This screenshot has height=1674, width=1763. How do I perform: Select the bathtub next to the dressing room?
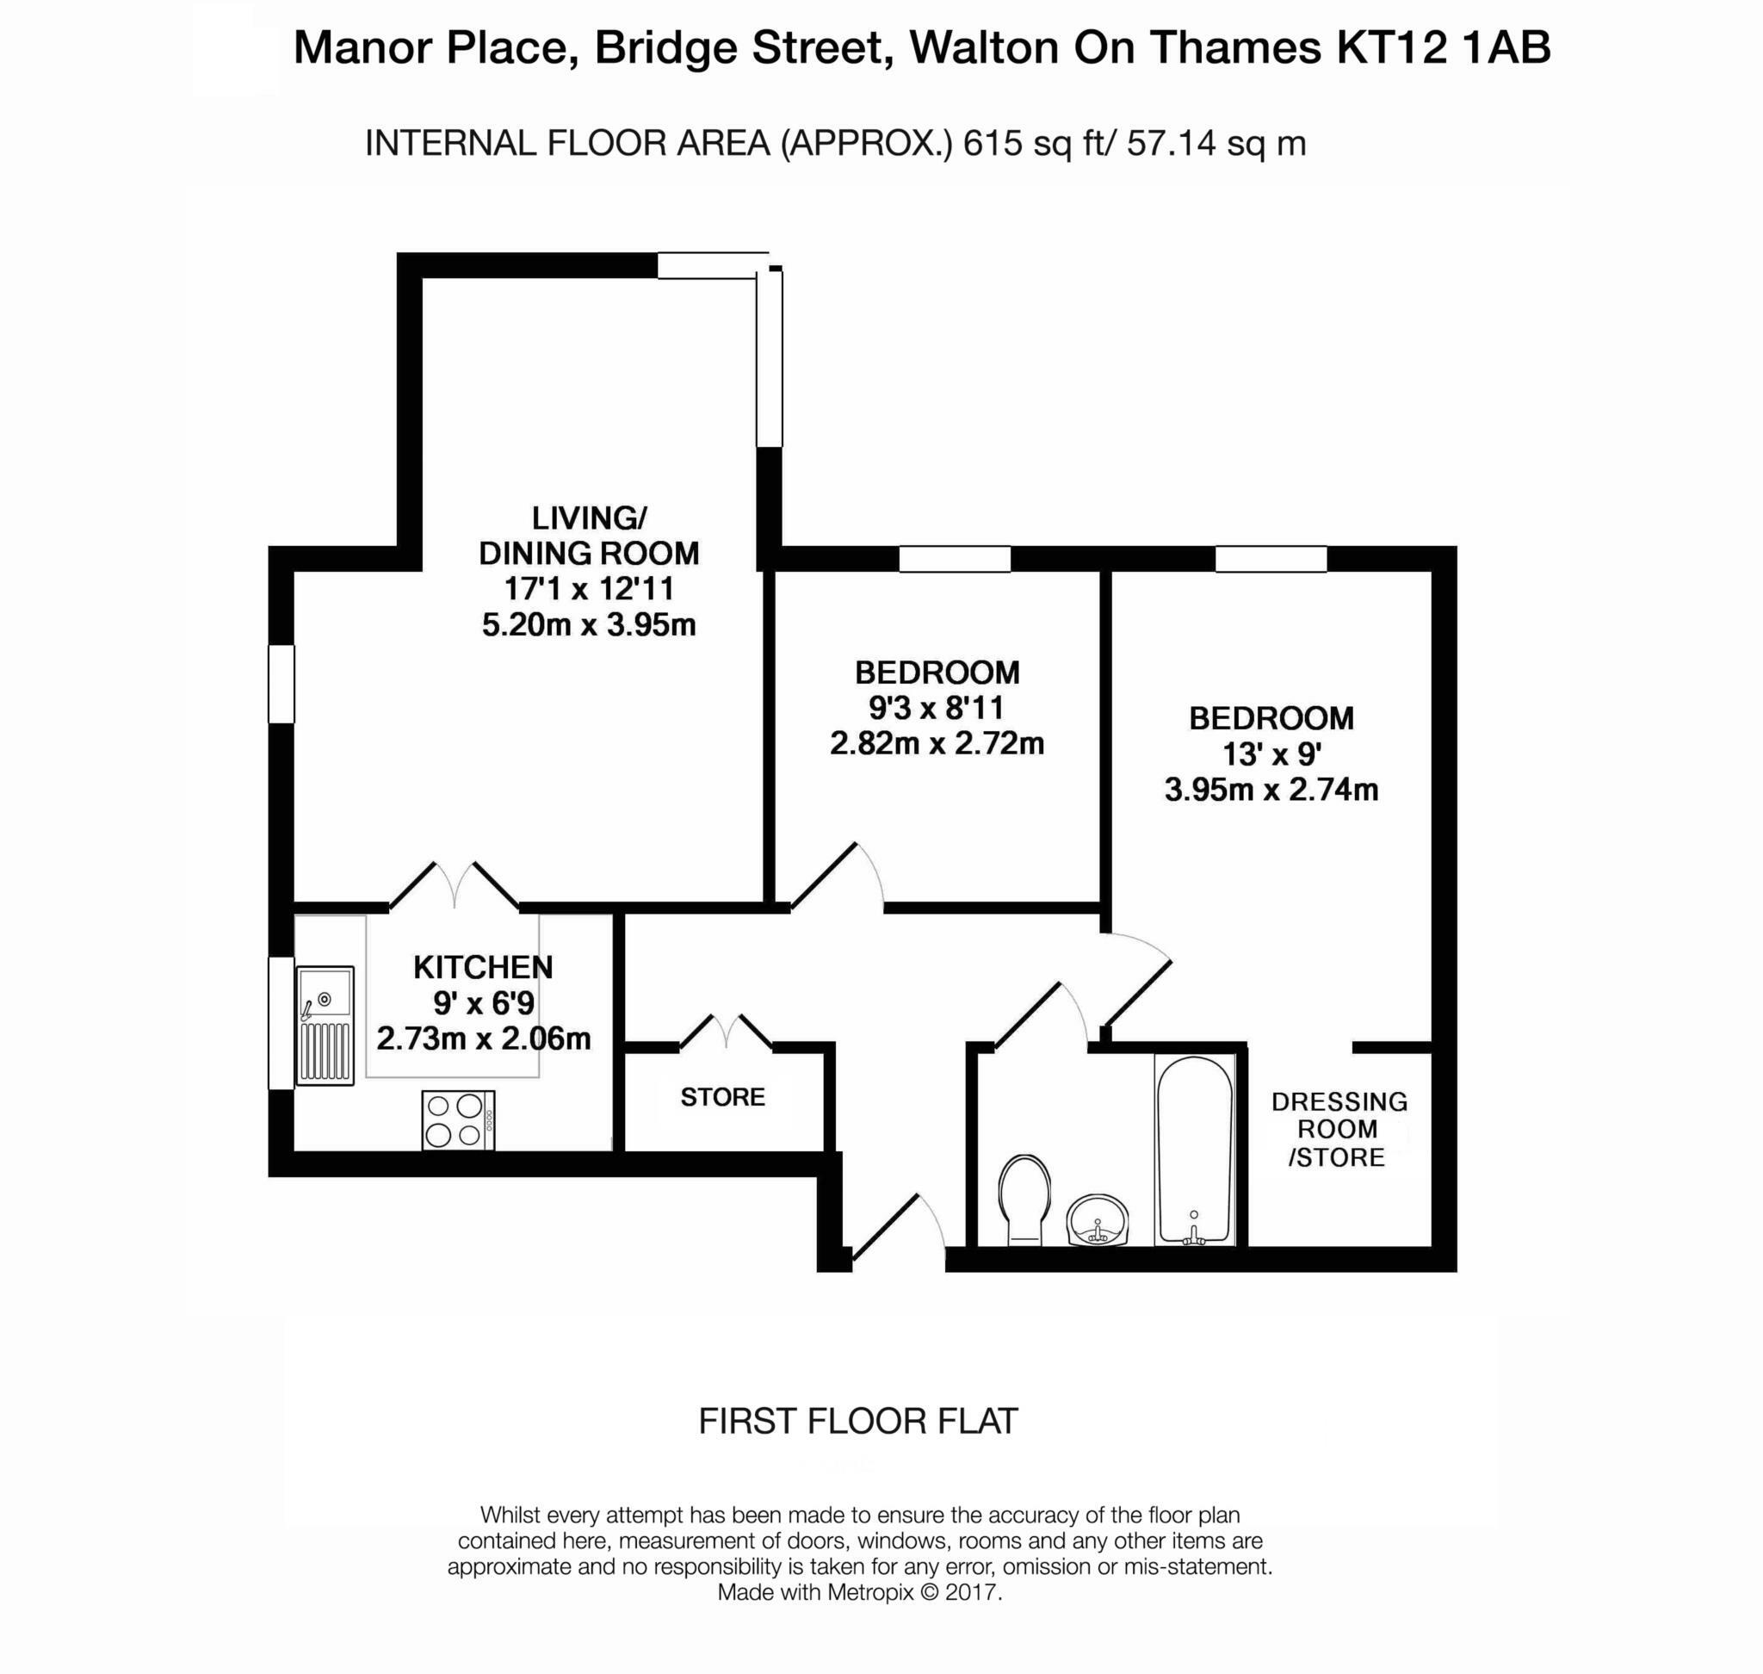pos(1194,1150)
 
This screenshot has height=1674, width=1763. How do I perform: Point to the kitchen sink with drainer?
pos(325,1026)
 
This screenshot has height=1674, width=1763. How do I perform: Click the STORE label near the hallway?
pos(723,1097)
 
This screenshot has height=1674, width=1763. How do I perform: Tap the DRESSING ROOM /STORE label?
pos(1339,1129)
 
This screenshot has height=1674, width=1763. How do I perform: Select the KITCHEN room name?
pos(483,967)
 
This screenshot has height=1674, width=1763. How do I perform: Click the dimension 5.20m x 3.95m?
pos(589,624)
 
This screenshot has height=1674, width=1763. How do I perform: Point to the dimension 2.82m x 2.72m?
pos(937,742)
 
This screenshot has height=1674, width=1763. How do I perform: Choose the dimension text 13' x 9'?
pos(1271,755)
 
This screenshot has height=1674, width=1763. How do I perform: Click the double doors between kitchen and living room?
pos(455,886)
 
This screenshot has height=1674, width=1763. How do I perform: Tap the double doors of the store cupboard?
pos(727,1031)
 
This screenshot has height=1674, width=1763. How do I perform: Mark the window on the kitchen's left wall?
pos(281,1024)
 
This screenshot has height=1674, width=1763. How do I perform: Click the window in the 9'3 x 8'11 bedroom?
pos(954,559)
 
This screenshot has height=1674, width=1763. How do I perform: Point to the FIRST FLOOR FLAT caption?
pos(857,1421)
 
